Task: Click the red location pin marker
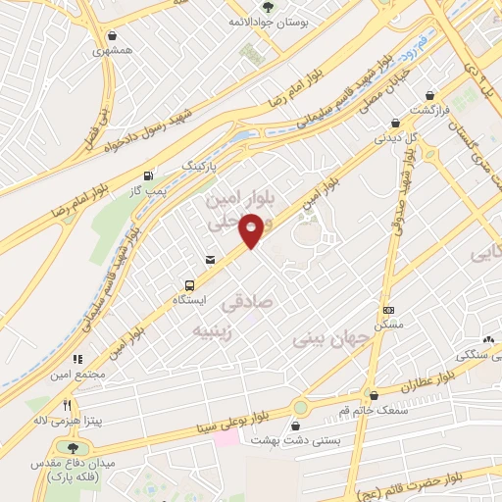(x=253, y=232)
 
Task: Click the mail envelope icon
(x=210, y=260)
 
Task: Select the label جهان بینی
(x=333, y=339)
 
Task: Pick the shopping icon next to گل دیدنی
(x=395, y=125)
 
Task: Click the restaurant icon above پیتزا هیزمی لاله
(x=68, y=404)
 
